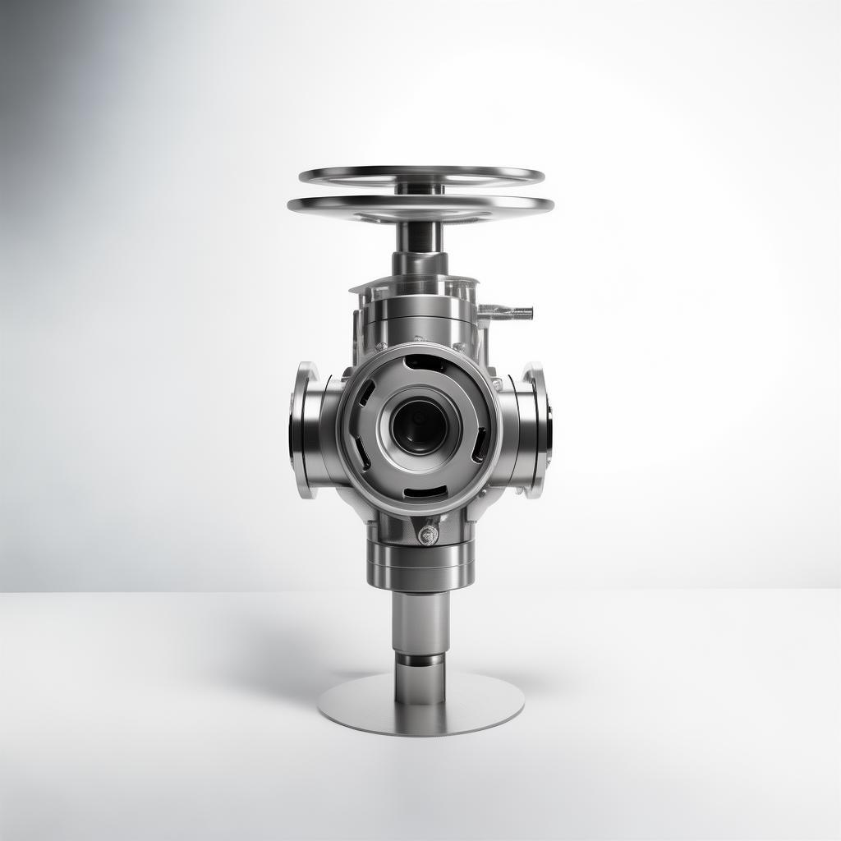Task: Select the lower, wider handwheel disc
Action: pyautogui.click(x=420, y=207)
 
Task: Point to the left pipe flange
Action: pyautogui.click(x=303, y=429)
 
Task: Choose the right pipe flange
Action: pyautogui.click(x=538, y=429)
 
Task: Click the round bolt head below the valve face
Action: pyautogui.click(x=428, y=535)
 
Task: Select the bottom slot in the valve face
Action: pyautogui.click(x=425, y=492)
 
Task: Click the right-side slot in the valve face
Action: pyautogui.click(x=480, y=443)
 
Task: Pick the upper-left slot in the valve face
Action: pyautogui.click(x=366, y=392)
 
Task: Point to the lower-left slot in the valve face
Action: pyautogui.click(x=361, y=452)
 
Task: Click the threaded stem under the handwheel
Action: pyautogui.click(x=420, y=237)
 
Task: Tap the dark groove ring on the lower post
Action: pyautogui.click(x=420, y=659)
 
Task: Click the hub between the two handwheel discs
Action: pyautogui.click(x=420, y=189)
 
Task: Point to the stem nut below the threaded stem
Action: pyautogui.click(x=420, y=263)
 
